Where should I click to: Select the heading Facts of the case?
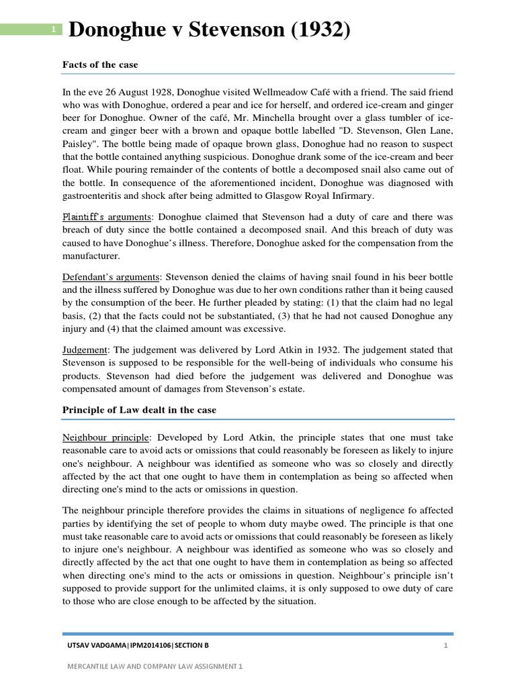click(100, 64)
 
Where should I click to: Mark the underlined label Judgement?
click(85, 349)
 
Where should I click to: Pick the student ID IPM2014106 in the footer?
click(144, 645)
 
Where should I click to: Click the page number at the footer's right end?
click(445, 645)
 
